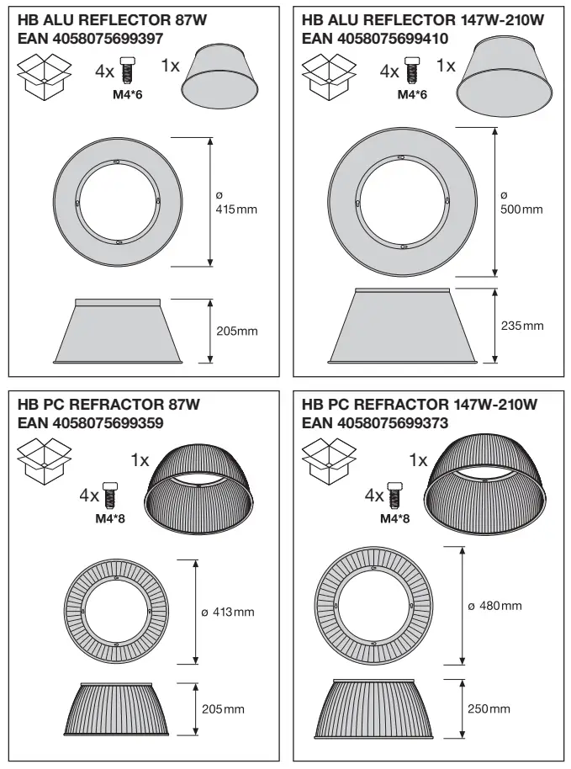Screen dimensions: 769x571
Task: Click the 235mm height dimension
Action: click(521, 326)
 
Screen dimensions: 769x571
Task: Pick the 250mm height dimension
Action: click(489, 709)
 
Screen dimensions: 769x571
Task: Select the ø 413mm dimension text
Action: click(228, 612)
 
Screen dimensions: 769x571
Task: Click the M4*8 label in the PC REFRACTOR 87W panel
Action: click(110, 518)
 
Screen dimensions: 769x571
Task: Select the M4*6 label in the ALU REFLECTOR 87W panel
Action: click(128, 94)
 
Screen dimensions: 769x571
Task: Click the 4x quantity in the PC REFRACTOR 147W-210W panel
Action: click(375, 496)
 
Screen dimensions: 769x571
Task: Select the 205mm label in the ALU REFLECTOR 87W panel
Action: click(236, 331)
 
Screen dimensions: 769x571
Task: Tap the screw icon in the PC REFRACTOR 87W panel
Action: click(109, 495)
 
